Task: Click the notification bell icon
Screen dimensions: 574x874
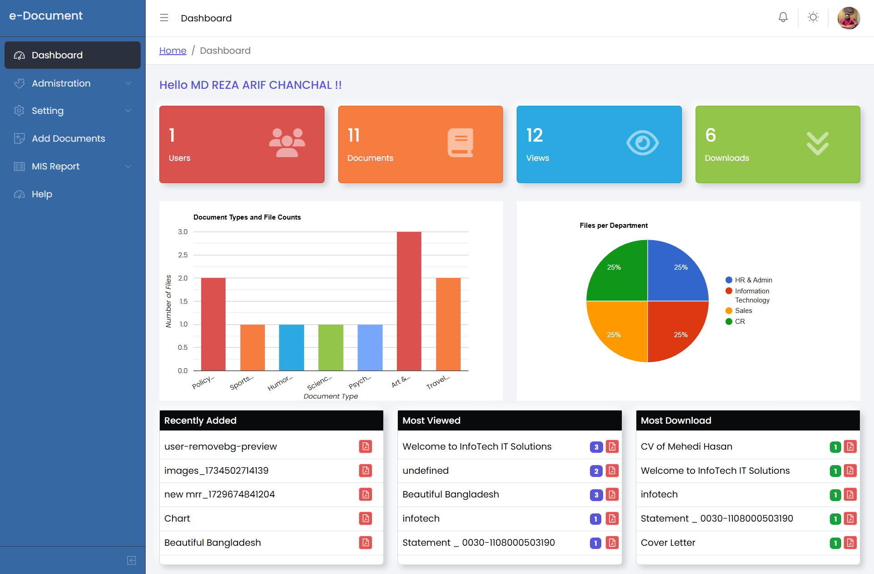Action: tap(783, 18)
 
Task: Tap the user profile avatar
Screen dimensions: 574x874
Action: tap(849, 18)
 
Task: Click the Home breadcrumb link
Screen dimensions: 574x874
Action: tap(173, 51)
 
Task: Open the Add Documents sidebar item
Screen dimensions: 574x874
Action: tap(68, 138)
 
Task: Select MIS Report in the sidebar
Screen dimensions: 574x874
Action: tap(56, 166)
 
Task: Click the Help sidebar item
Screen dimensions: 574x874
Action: tap(42, 194)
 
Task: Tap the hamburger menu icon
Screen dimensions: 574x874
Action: tap(164, 18)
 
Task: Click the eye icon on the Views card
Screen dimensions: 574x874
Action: tap(642, 143)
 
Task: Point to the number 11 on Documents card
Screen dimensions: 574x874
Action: tap(354, 135)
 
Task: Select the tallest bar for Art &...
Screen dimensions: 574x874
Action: tap(409, 301)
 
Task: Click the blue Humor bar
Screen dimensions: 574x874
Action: tap(291, 347)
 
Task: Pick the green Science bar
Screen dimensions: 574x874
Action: tap(330, 347)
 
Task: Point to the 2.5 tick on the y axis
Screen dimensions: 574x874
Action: tap(183, 255)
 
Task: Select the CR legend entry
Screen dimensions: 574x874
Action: tap(740, 322)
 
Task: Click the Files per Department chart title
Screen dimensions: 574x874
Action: tap(613, 225)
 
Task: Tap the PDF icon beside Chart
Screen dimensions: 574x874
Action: tap(366, 518)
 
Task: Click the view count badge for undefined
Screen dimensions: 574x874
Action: tap(596, 471)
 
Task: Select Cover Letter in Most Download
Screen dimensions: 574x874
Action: tap(668, 543)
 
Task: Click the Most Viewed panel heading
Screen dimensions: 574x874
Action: tap(431, 420)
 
